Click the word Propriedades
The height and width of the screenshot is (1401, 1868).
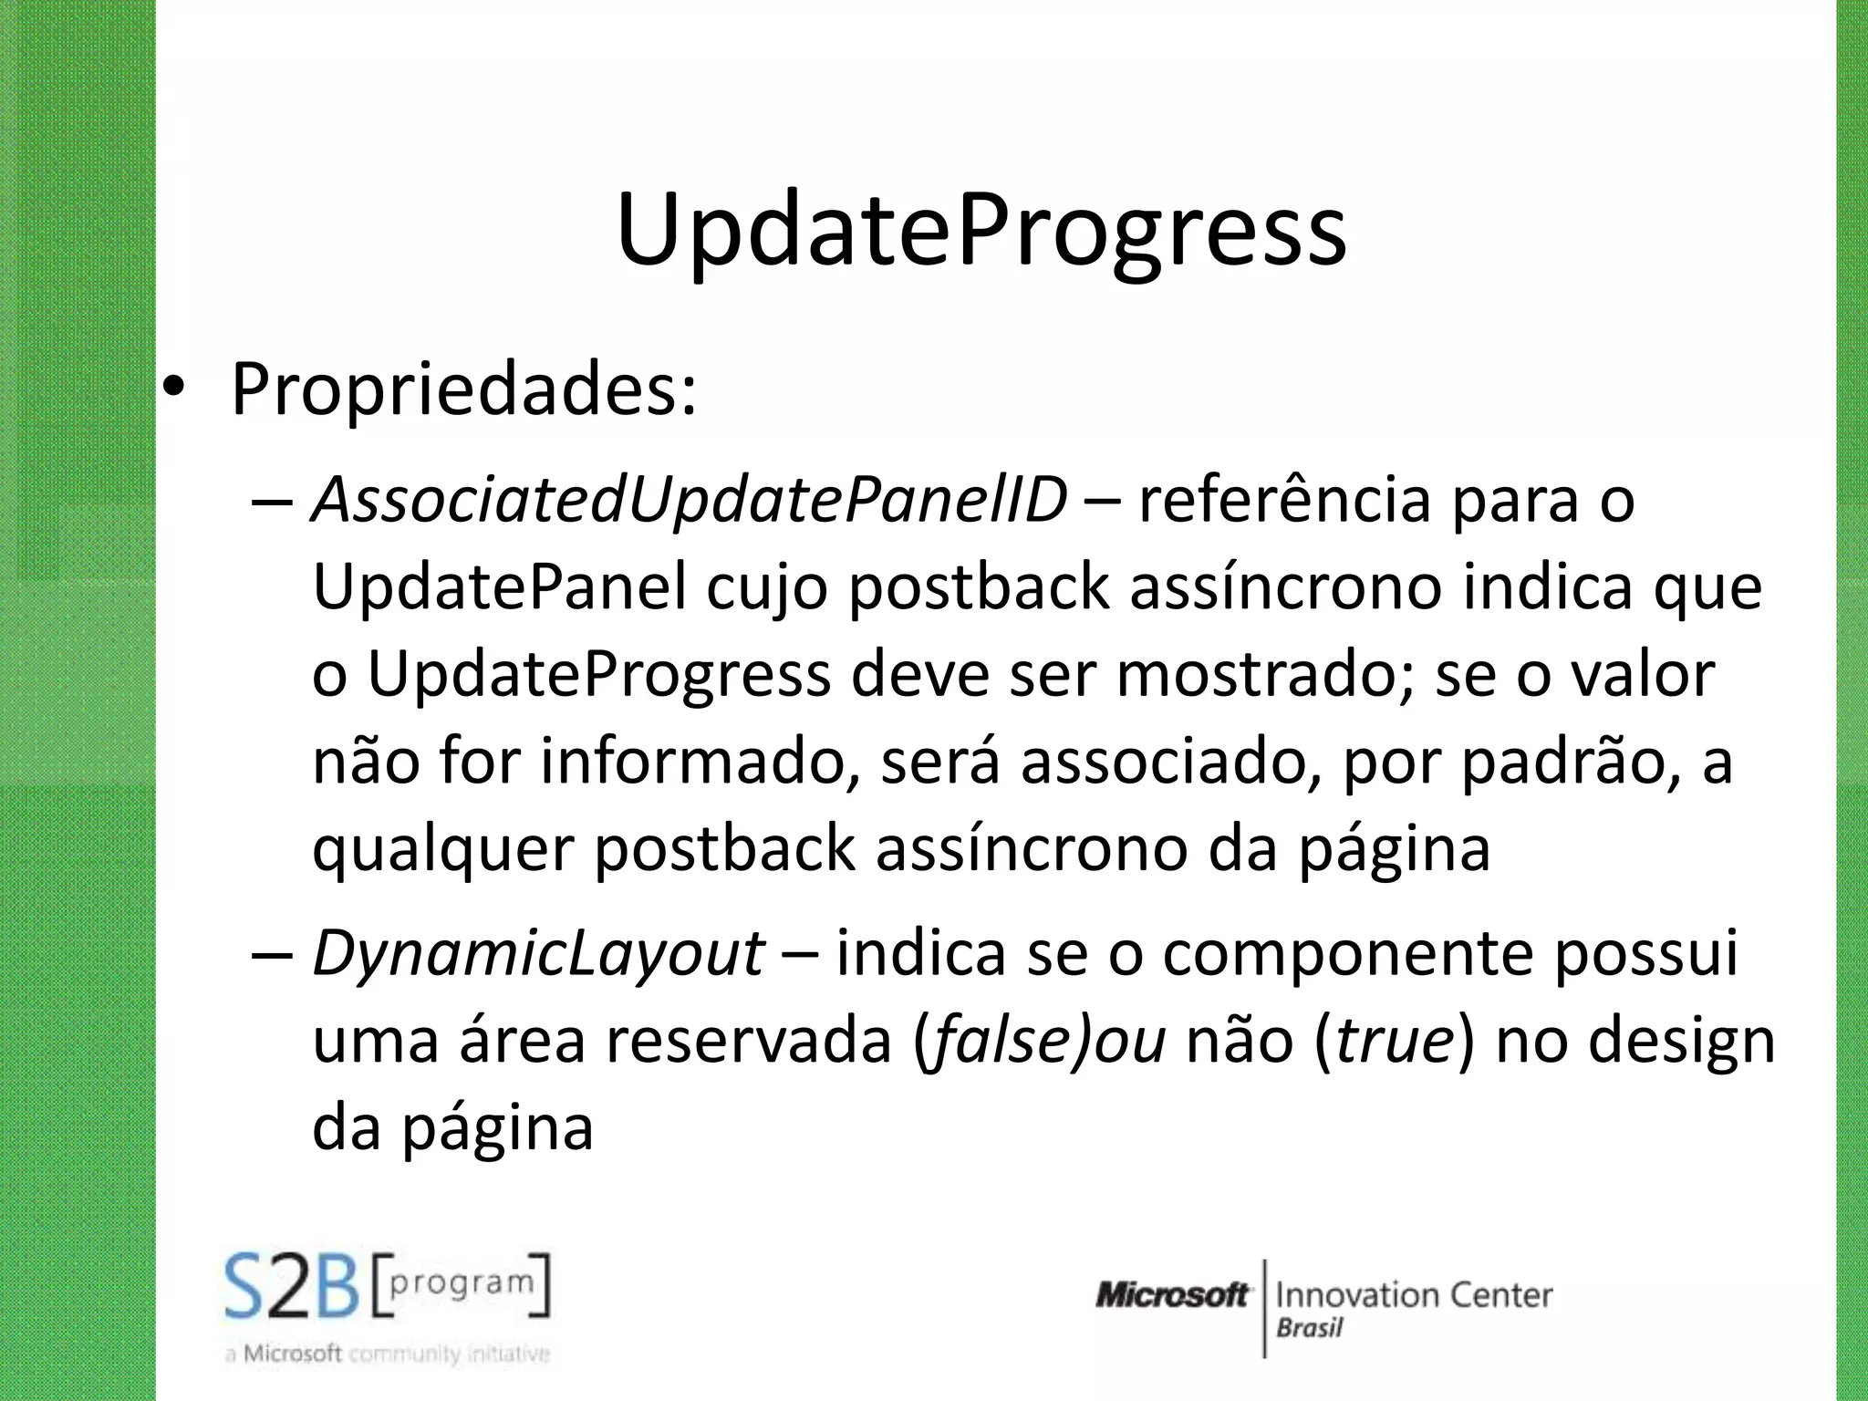(x=463, y=390)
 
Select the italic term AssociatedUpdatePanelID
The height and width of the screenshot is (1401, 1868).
(x=690, y=500)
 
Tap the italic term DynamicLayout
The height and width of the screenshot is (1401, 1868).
(x=538, y=952)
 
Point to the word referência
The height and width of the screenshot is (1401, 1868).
(x=1284, y=500)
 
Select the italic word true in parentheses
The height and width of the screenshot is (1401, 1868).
(x=1394, y=1041)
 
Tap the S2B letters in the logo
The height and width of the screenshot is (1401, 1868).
(x=293, y=1287)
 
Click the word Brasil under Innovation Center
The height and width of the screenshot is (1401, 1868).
(x=1309, y=1328)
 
